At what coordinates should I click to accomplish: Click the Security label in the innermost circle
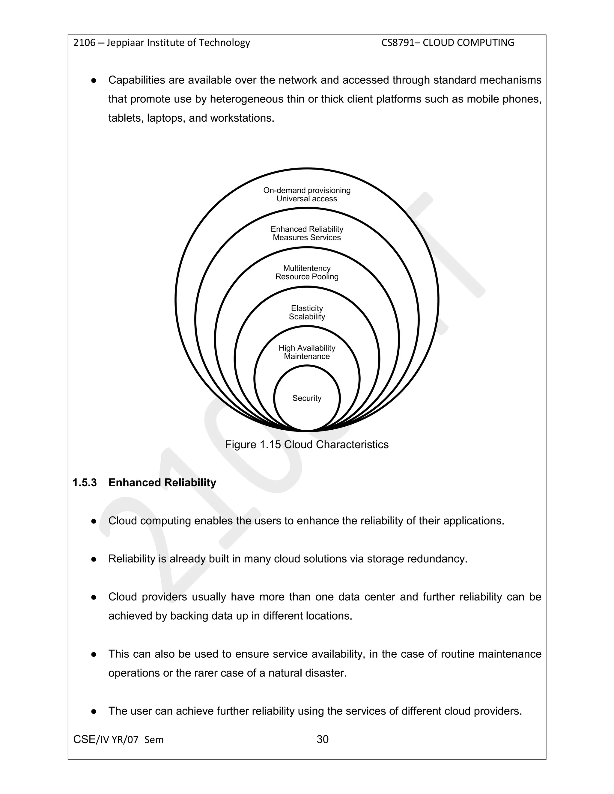coord(307,398)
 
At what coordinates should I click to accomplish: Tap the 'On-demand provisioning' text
coord(307,190)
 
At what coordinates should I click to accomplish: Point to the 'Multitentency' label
coord(307,268)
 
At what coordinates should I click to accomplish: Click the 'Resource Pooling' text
coord(307,277)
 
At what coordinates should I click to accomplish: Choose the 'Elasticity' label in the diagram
coord(307,308)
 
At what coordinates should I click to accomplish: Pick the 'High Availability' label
coord(307,348)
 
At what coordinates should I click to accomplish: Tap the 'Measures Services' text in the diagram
coord(307,237)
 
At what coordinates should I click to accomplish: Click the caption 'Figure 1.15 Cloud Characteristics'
coord(307,444)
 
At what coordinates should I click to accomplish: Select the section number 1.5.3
coord(85,482)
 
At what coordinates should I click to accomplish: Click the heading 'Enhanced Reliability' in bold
coord(162,482)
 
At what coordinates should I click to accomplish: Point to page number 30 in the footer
coord(322,739)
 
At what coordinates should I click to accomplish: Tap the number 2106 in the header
coord(84,43)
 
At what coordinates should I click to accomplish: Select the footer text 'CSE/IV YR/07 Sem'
coord(118,739)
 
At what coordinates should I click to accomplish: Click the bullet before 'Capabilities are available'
coord(94,80)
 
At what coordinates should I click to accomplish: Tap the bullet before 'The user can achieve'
coord(94,711)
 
